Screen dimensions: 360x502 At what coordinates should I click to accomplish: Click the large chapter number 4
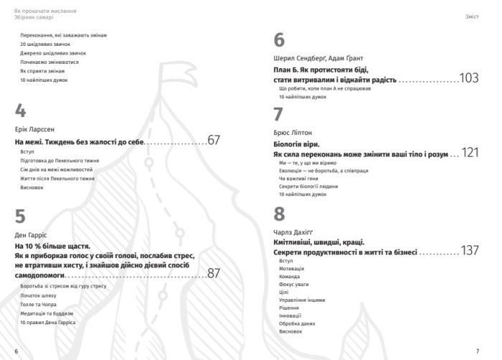click(21, 111)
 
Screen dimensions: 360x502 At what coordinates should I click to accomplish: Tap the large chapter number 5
click(21, 217)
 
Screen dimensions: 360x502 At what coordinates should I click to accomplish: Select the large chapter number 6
click(280, 40)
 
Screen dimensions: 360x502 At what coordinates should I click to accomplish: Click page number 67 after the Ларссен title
click(213, 141)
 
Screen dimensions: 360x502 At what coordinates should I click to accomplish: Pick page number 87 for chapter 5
click(213, 273)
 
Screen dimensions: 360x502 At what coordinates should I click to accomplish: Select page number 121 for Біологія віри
click(469, 153)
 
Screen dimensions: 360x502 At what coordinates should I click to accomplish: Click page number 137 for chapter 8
click(469, 251)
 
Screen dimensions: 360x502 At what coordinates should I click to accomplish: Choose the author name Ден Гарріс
click(29, 235)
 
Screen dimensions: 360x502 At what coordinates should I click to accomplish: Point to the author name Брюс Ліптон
click(293, 133)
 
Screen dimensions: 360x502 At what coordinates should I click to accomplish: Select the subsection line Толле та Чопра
click(37, 305)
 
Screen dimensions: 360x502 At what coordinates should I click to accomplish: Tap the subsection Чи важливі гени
click(297, 179)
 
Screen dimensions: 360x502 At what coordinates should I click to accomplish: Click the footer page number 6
click(16, 349)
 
